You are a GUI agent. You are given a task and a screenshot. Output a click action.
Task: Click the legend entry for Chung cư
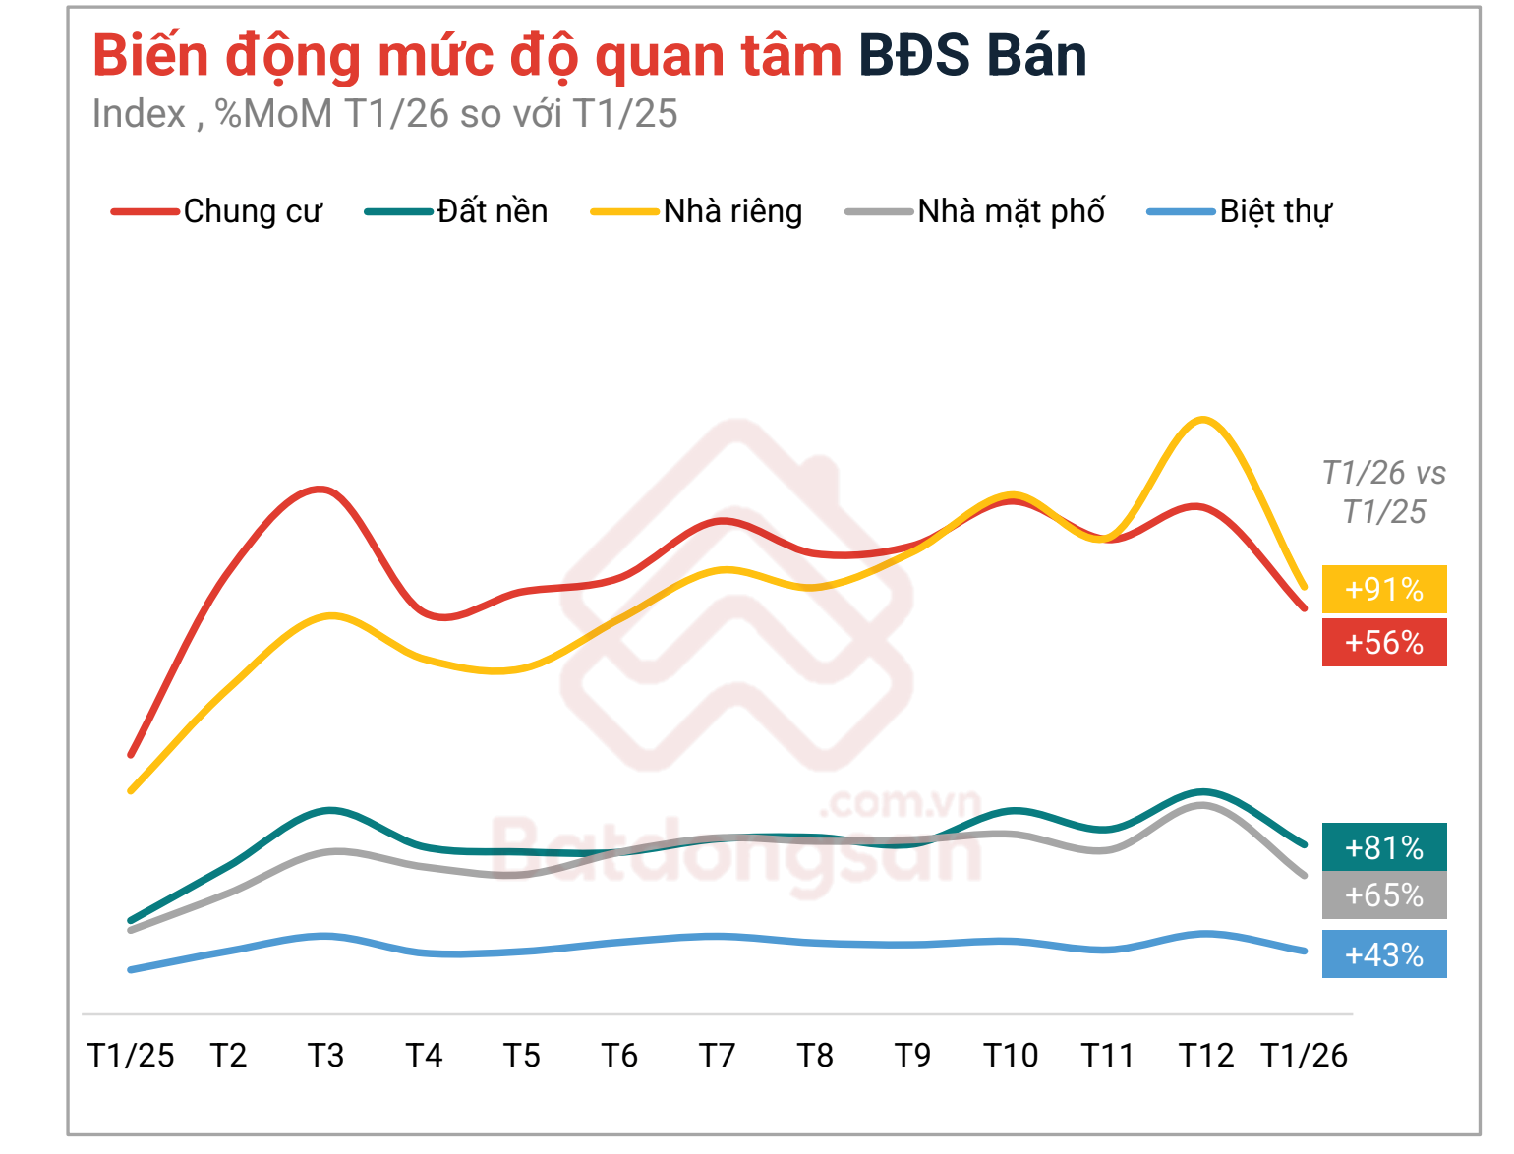218,211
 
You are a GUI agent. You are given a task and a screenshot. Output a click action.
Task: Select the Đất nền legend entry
458,211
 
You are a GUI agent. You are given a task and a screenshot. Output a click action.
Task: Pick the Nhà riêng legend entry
697,211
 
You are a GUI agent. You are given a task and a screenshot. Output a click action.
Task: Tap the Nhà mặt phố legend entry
975,211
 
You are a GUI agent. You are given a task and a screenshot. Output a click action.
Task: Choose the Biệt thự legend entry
1241,211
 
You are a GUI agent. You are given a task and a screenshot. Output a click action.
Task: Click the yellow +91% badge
1384,590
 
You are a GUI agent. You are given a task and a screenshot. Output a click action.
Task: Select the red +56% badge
1384,643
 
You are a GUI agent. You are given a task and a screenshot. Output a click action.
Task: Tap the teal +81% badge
1384,847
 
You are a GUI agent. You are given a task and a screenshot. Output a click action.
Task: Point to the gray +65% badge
1384,895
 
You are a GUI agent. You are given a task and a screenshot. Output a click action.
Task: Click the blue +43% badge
1384,954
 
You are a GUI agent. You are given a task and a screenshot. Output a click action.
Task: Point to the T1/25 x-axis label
131,1056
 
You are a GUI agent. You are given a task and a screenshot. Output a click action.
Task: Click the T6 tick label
619,1056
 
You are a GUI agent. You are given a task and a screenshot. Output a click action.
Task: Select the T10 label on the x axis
1011,1056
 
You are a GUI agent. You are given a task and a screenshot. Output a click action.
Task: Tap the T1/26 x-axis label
1304,1056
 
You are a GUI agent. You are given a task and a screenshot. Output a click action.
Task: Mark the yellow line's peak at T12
1202,420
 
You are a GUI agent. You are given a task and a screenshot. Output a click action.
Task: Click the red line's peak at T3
320,489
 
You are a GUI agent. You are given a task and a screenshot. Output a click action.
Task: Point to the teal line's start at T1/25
131,921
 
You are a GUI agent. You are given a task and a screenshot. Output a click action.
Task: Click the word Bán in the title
1036,56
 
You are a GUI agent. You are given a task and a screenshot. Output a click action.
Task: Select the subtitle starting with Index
384,114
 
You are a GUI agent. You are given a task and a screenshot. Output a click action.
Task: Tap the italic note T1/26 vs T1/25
1384,492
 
